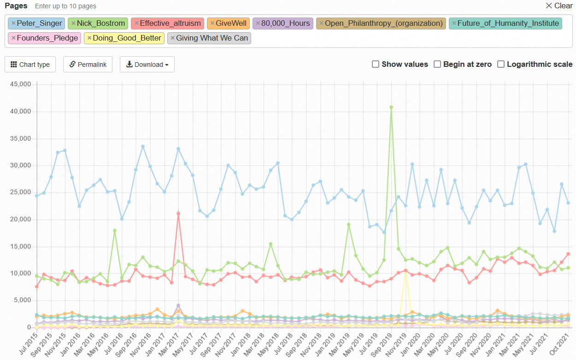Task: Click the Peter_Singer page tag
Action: [36, 24]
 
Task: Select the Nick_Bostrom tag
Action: [98, 24]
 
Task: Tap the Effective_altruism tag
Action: [167, 24]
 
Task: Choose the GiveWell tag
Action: [228, 24]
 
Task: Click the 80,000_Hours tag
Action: [283, 24]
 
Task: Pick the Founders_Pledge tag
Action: [45, 38]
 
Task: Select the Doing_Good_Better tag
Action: [124, 38]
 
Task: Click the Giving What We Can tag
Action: [209, 38]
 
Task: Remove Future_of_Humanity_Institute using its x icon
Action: [454, 23]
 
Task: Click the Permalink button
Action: [88, 64]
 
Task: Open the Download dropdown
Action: [147, 64]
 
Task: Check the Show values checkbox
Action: [376, 64]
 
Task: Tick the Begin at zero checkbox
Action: [437, 64]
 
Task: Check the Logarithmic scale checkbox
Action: [500, 64]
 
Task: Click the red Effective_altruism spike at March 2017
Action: [178, 213]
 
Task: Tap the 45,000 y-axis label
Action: [20, 84]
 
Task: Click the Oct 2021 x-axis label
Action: [560, 345]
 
